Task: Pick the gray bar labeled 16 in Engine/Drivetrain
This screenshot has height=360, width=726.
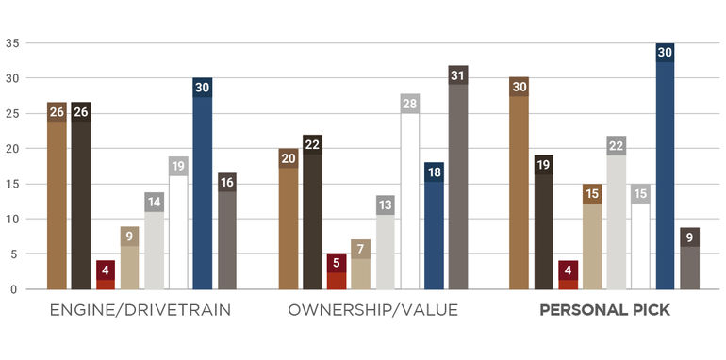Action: click(x=227, y=232)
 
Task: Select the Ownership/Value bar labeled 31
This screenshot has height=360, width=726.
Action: click(x=458, y=178)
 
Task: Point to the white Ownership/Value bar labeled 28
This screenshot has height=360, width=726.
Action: click(x=410, y=192)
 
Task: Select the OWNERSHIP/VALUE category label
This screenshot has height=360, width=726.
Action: click(x=373, y=310)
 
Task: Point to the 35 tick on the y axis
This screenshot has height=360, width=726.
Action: click(x=13, y=43)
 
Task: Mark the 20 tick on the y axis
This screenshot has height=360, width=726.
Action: click(x=13, y=149)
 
